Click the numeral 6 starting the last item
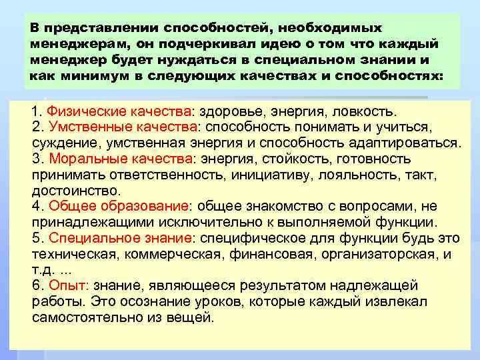(36, 285)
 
